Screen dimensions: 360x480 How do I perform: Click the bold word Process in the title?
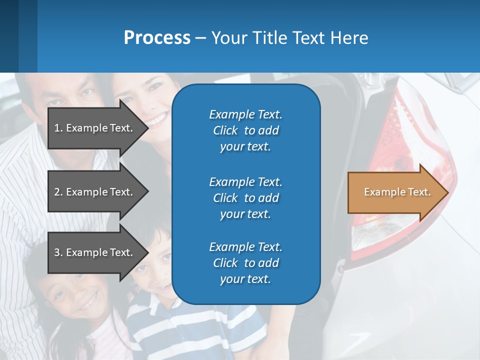click(157, 38)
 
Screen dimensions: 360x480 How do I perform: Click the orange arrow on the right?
click(395, 192)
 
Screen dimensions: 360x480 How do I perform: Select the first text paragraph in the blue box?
click(245, 130)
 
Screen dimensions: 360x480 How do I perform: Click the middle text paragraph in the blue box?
click(245, 198)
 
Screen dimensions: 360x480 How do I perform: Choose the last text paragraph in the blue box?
click(245, 263)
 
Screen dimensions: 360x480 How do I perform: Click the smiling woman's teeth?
click(157, 120)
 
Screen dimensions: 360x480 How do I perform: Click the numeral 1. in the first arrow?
click(58, 128)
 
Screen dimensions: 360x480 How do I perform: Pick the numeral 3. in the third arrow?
click(58, 252)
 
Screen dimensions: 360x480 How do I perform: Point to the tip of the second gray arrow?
click(147, 192)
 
